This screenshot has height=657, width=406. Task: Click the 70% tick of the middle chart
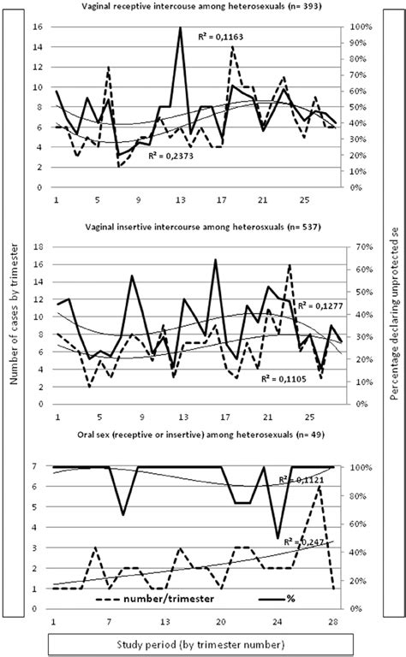[x=361, y=246]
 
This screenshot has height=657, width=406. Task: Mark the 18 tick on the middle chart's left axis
[x=39, y=246]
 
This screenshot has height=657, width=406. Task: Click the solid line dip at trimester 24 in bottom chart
[x=278, y=538]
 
